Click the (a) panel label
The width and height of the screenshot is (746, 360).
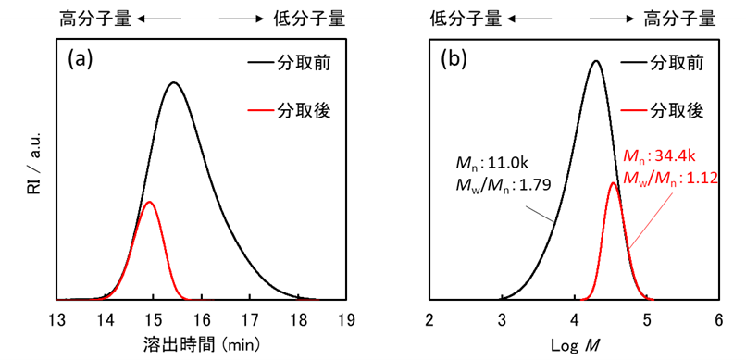[x=81, y=60]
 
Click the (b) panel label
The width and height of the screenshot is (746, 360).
[x=454, y=60]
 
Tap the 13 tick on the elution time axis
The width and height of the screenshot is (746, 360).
[x=56, y=320]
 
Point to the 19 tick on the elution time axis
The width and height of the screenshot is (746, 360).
[x=346, y=320]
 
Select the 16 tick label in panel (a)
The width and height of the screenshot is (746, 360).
[x=202, y=320]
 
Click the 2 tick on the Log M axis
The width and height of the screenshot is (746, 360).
[x=429, y=320]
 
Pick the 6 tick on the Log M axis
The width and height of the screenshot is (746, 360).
[x=719, y=320]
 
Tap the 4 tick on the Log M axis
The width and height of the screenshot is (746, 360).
[x=575, y=320]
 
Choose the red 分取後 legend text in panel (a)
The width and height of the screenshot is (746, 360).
[x=304, y=112]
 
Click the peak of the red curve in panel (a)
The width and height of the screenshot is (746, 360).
[x=149, y=202]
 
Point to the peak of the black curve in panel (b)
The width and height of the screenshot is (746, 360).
[x=596, y=62]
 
